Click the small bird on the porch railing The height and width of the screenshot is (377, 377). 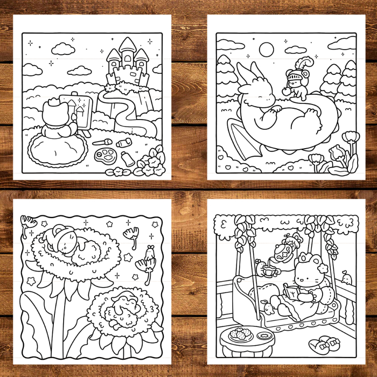coord(347,278)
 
